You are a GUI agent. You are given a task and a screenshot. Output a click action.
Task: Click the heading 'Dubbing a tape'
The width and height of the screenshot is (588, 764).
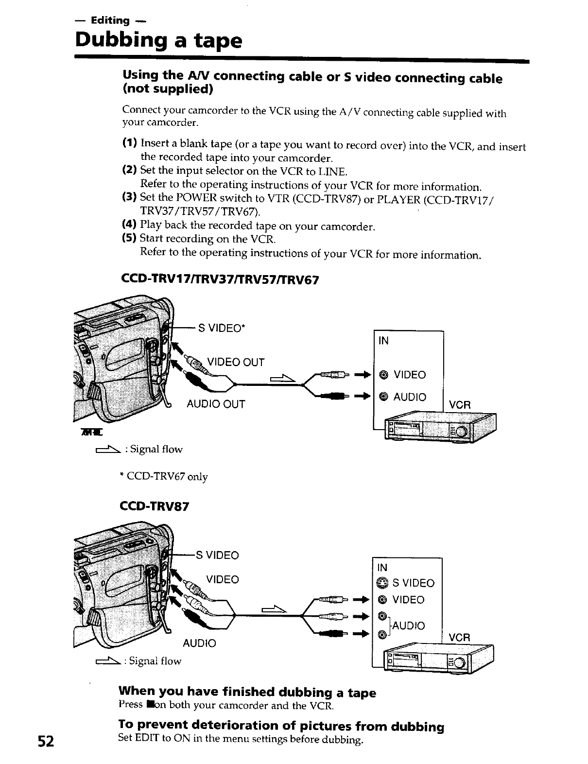click(158, 41)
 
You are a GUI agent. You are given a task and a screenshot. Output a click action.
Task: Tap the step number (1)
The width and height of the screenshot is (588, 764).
click(129, 143)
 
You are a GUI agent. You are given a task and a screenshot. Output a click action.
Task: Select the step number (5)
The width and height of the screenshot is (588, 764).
click(129, 239)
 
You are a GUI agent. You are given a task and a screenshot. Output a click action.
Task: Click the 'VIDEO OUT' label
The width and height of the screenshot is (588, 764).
click(236, 363)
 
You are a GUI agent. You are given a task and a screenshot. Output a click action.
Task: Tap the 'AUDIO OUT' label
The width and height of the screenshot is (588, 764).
click(216, 404)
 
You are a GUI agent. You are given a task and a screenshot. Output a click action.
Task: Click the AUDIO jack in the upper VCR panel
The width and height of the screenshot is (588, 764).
click(383, 397)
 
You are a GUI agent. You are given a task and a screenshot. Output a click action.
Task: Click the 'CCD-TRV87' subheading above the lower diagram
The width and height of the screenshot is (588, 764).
click(154, 506)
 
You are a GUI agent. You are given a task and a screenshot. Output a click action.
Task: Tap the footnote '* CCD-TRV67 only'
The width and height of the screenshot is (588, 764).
click(163, 477)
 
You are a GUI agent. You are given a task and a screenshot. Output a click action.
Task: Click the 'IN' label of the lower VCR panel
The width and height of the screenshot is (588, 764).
click(382, 567)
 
